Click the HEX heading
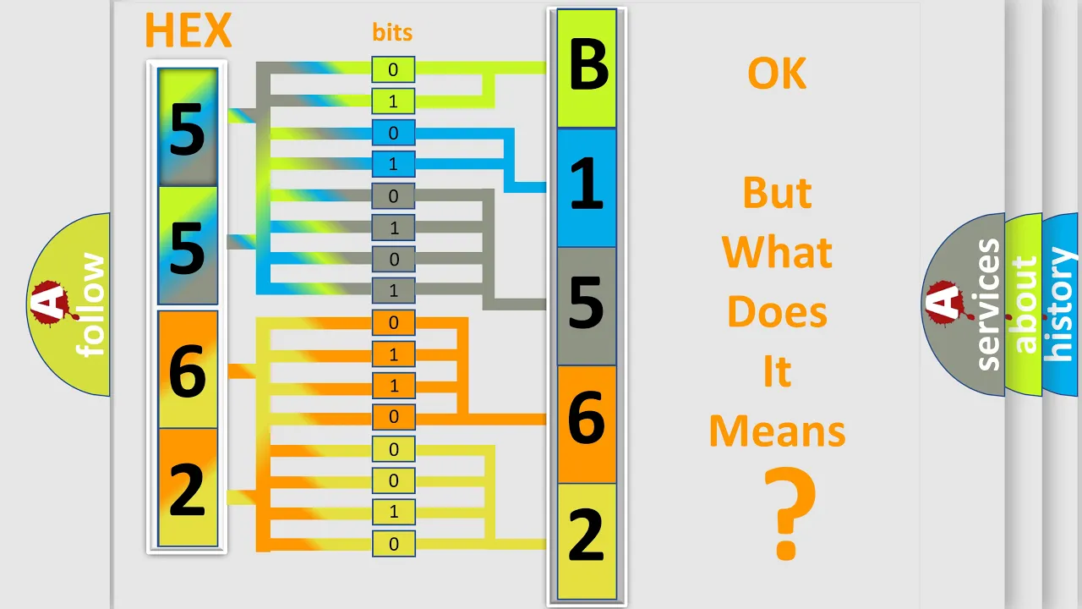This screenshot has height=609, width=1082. (188, 30)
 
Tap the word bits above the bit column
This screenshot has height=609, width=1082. (392, 32)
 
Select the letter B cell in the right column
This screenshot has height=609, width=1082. (587, 69)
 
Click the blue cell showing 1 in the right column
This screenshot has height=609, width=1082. (587, 188)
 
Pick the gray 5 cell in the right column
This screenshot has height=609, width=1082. (587, 306)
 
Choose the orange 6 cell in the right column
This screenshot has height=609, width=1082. (587, 425)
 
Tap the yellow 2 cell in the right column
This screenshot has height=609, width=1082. (587, 541)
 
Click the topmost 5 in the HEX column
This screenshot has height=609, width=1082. (188, 127)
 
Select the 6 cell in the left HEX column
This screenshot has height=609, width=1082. (188, 370)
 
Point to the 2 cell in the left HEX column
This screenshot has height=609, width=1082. (188, 487)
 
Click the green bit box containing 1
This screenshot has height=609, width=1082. (393, 101)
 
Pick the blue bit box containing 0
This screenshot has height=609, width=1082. (393, 133)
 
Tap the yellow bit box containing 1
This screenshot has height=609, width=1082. (393, 512)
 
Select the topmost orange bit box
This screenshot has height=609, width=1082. (393, 322)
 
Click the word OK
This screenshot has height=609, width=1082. (777, 74)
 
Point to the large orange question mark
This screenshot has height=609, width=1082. (789, 513)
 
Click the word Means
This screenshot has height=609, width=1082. (777, 431)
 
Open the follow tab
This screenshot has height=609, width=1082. (68, 304)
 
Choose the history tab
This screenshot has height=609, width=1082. (1061, 304)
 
